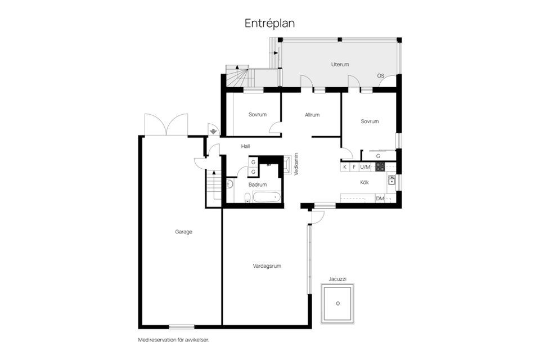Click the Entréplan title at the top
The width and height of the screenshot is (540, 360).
269,24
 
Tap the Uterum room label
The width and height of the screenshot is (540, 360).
340,65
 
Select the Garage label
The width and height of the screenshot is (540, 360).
183,232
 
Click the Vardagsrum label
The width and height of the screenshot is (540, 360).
267,266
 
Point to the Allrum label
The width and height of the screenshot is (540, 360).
312,115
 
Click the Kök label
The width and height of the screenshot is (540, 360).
364,182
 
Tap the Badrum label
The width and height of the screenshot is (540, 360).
258,184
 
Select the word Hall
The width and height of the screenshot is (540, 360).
245,146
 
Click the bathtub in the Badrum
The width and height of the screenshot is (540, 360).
267,197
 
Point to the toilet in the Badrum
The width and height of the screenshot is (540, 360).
247,198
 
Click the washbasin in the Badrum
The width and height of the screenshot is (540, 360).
229,184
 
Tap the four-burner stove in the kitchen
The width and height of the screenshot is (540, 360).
380,166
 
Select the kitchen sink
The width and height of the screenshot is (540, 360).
391,180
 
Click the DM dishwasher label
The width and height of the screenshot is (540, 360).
380,199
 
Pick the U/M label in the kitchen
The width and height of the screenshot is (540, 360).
365,167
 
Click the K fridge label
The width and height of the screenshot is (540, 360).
345,167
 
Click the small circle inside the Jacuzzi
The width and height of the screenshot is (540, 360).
338,304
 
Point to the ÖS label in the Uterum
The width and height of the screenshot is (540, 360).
381,76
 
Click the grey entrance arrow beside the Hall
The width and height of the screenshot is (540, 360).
214,131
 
